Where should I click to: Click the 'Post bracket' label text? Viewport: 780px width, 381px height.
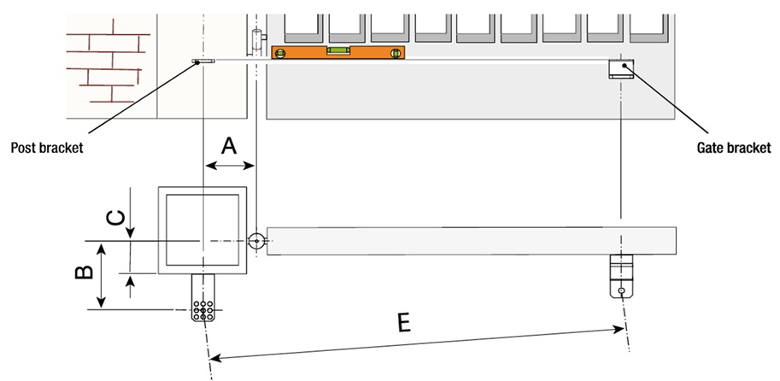tap(46, 148)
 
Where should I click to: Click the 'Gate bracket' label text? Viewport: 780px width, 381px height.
tap(734, 147)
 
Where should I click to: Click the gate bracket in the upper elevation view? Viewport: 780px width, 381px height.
tap(619, 69)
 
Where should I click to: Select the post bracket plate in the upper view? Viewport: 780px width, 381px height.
tap(203, 62)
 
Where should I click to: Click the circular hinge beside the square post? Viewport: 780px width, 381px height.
tap(255, 242)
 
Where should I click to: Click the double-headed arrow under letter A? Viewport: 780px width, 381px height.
tap(229, 165)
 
